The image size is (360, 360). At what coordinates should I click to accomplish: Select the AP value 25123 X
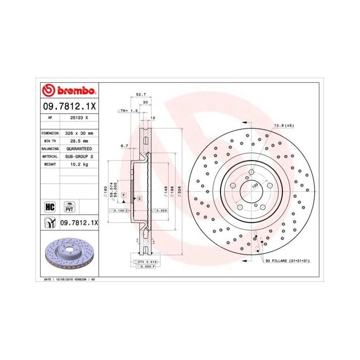point(78,117)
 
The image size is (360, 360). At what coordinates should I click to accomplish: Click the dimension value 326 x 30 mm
point(78,133)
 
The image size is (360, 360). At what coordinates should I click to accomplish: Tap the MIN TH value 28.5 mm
point(78,140)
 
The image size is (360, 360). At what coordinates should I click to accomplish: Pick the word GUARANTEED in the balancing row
point(78,148)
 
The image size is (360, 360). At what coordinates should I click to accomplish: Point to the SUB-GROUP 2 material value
point(78,156)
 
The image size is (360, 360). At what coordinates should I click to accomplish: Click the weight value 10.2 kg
point(78,164)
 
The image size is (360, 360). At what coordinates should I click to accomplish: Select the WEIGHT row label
point(50,164)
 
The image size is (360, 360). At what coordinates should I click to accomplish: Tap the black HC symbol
point(50,207)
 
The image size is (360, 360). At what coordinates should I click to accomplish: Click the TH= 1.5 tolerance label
point(128,111)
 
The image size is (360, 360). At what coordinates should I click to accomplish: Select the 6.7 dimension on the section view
point(124,146)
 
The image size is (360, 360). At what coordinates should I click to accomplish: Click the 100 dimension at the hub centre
point(254,185)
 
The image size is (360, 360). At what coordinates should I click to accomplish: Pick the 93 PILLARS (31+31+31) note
point(289,262)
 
